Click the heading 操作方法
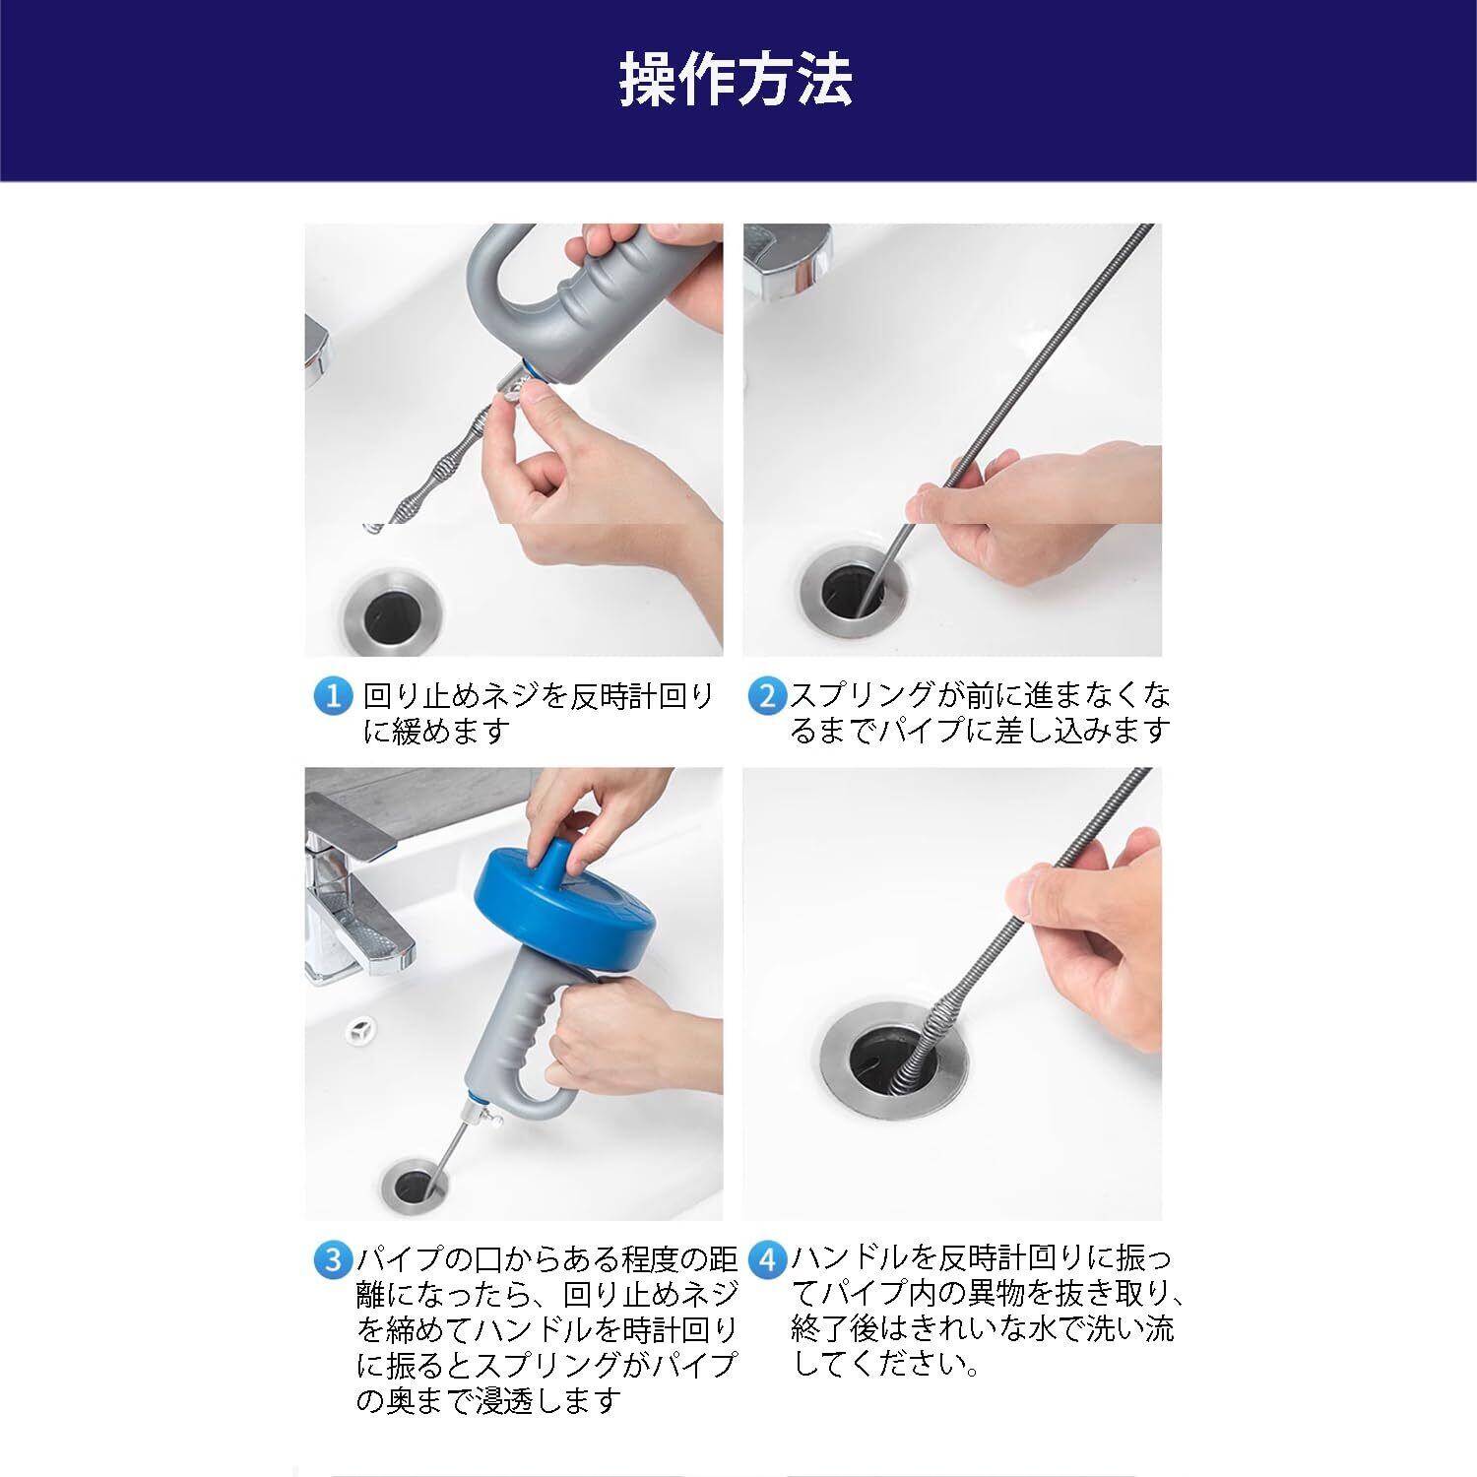tap(736, 80)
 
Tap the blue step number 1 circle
tap(332, 697)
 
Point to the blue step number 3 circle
tap(332, 1259)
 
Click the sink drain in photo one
tap(392, 616)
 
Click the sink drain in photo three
tap(412, 1188)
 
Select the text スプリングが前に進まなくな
tap(981, 696)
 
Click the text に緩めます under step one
tap(434, 731)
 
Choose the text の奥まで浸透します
tap(489, 1399)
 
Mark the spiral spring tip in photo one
tap(371, 528)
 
